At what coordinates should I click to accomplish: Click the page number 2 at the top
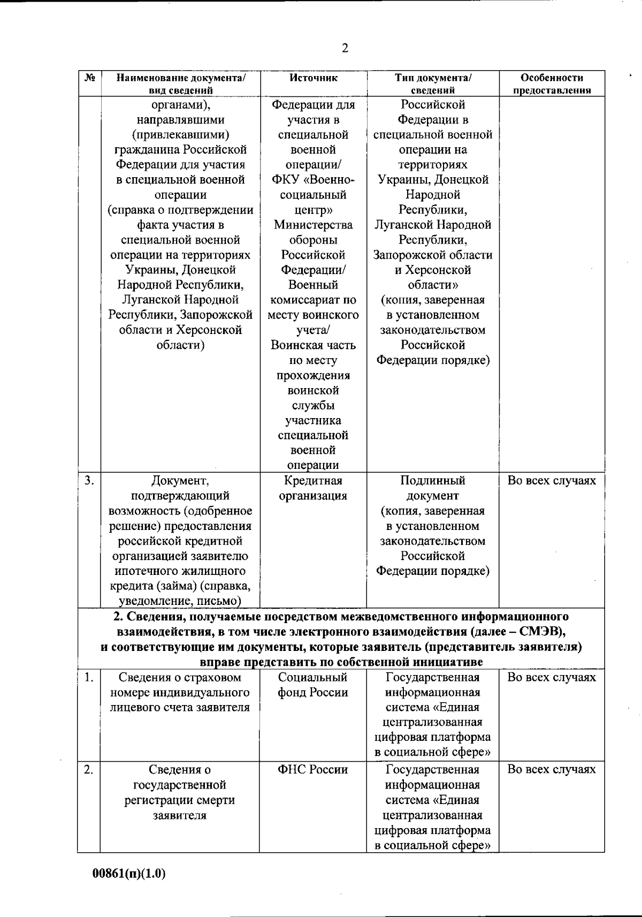345,49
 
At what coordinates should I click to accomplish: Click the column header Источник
313,78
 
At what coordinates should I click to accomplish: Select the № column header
89,78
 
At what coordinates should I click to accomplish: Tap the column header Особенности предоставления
552,84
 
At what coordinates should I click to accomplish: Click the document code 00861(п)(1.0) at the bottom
129,874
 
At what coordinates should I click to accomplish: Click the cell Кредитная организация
313,488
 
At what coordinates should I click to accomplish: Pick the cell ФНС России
313,770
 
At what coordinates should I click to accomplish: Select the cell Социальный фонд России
313,685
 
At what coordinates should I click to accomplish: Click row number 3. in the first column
89,481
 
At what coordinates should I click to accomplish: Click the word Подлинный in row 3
433,481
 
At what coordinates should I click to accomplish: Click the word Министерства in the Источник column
313,225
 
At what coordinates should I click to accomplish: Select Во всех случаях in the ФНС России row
552,770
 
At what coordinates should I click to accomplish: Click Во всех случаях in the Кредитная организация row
552,481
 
